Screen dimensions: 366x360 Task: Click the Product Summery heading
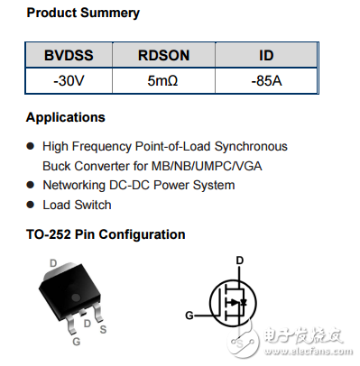point(82,14)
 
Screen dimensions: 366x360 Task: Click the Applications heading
point(66,118)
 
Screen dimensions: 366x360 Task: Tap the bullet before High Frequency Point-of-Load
point(31,146)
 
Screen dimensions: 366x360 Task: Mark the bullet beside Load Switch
point(31,205)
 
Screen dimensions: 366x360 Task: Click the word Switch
point(93,205)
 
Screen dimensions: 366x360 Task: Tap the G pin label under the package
point(77,341)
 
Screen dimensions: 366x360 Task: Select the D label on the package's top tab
point(53,263)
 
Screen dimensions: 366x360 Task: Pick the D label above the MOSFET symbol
point(239,261)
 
